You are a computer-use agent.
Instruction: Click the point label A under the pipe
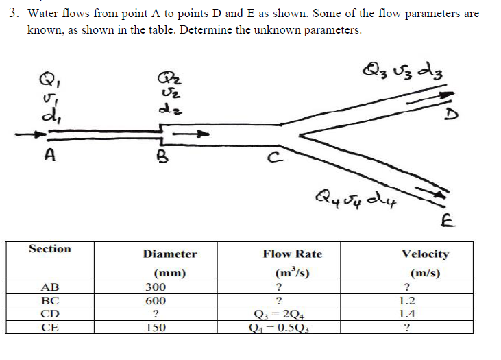tap(50, 155)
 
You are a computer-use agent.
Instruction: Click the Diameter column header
tap(170, 254)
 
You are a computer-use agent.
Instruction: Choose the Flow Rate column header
tap(293, 254)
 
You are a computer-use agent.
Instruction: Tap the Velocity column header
tap(426, 254)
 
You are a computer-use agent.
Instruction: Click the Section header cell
tap(50, 249)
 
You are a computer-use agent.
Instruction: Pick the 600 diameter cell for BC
tap(156, 301)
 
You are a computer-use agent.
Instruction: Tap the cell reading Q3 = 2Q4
tap(280, 314)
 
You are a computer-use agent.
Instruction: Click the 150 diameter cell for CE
tap(156, 327)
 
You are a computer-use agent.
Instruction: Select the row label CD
tap(50, 314)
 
